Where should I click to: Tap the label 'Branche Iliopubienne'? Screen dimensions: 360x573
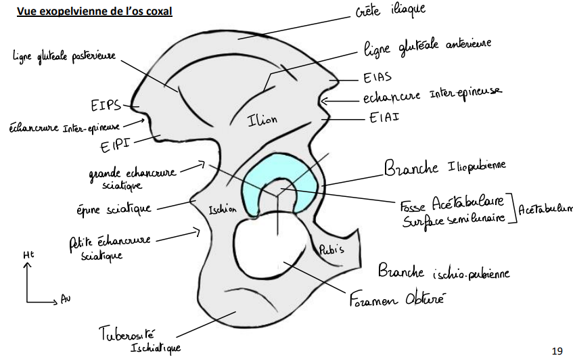pos(444,167)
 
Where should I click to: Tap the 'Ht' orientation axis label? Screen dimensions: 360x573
pos(27,255)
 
